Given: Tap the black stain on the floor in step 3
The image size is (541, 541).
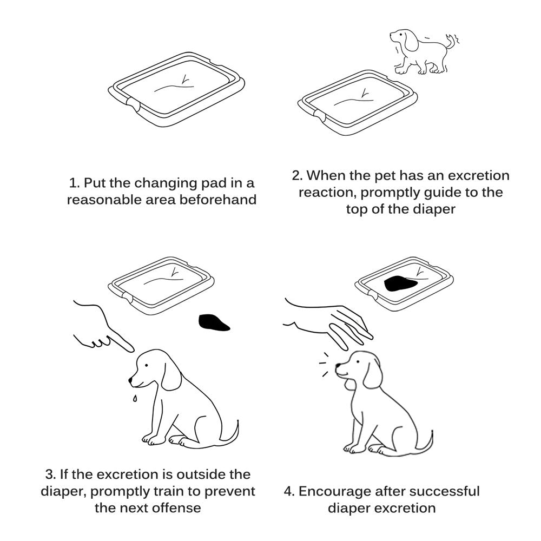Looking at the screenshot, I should coord(214,323).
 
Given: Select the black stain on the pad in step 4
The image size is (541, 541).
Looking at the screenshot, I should coord(399,283).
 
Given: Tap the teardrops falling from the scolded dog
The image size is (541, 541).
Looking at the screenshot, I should coord(135,399).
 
